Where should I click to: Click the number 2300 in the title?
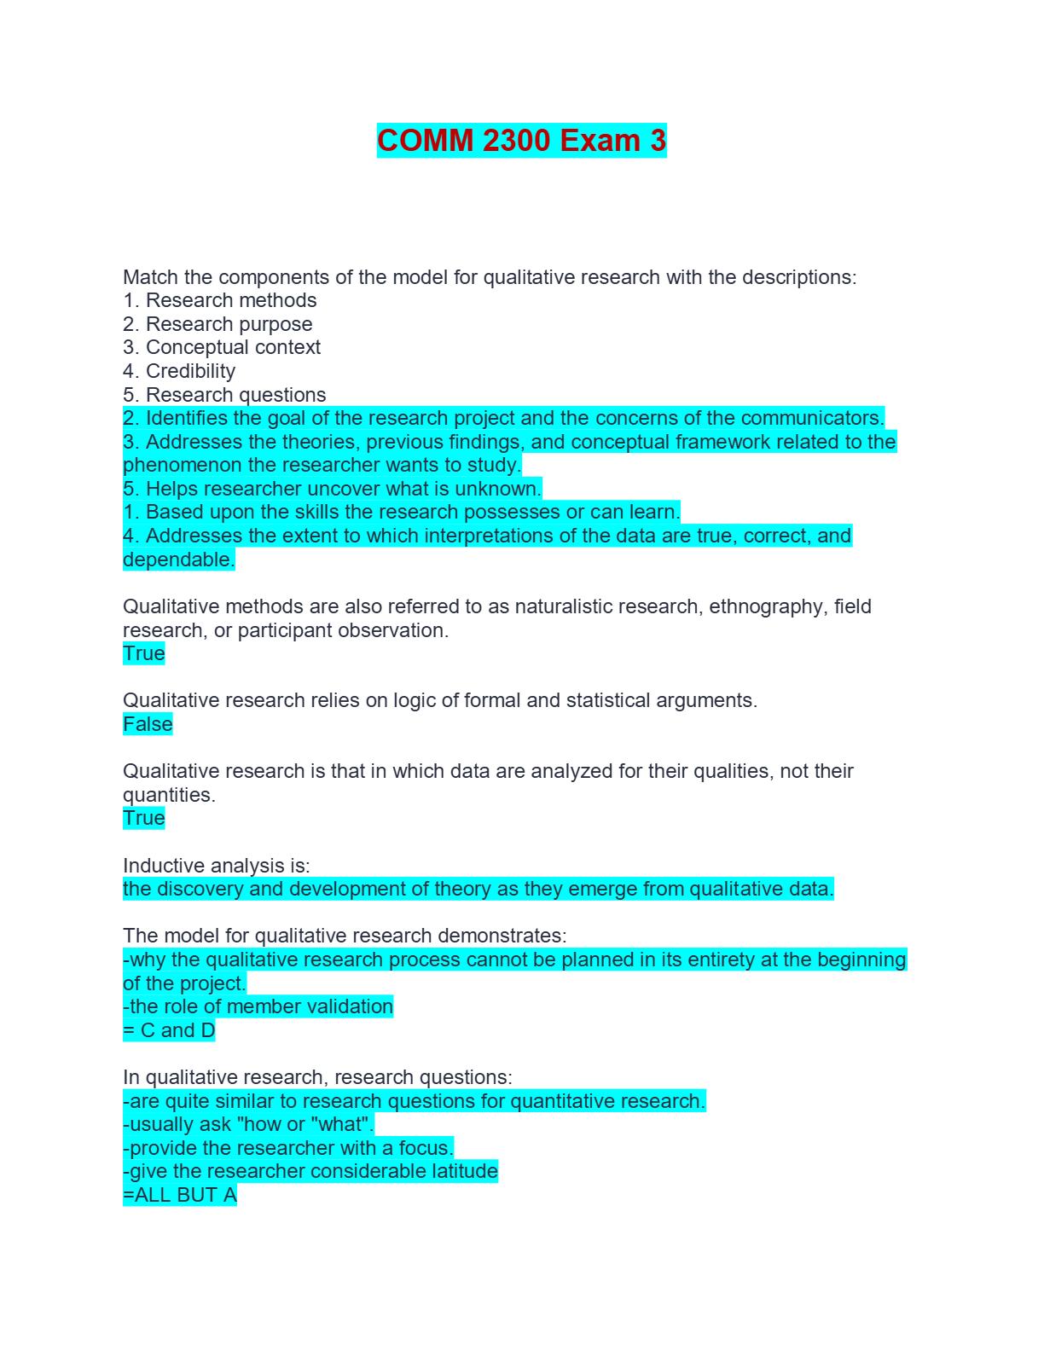tap(516, 141)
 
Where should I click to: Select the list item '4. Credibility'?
tap(179, 371)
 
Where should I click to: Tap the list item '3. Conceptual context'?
tap(222, 347)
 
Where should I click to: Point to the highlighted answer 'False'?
tap(148, 724)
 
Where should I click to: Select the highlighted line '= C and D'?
tap(169, 1030)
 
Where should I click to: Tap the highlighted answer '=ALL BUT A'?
tap(180, 1195)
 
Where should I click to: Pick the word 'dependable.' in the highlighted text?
tap(178, 560)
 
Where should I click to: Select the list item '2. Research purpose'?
tap(217, 324)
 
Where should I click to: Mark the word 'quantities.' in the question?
tap(169, 795)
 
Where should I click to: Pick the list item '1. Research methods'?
tap(220, 300)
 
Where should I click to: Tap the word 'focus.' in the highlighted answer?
tap(426, 1148)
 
